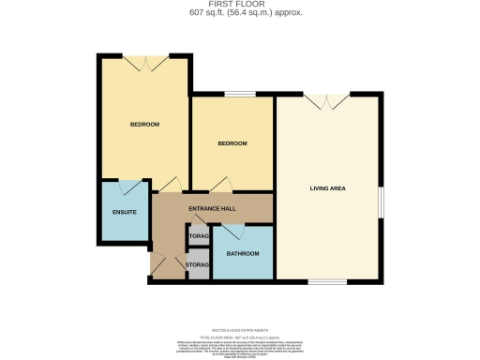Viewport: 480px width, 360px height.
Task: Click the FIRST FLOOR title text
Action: [239, 5]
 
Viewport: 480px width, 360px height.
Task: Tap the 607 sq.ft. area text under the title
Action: [239, 12]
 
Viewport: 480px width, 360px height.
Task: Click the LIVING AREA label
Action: [328, 188]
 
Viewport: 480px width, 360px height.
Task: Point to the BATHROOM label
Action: [243, 254]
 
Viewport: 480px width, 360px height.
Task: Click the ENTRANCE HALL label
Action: [212, 208]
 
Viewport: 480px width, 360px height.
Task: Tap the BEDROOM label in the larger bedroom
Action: [144, 125]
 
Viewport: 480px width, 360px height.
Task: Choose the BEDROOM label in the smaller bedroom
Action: [232, 143]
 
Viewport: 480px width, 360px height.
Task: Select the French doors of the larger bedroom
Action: [144, 62]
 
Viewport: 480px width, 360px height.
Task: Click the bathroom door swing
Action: [232, 231]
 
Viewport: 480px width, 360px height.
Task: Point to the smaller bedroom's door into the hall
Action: [221, 185]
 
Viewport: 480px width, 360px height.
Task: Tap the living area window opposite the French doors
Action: [327, 281]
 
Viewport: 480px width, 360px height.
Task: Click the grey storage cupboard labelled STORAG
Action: [197, 265]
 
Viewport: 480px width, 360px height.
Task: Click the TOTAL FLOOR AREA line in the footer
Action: [239, 335]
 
